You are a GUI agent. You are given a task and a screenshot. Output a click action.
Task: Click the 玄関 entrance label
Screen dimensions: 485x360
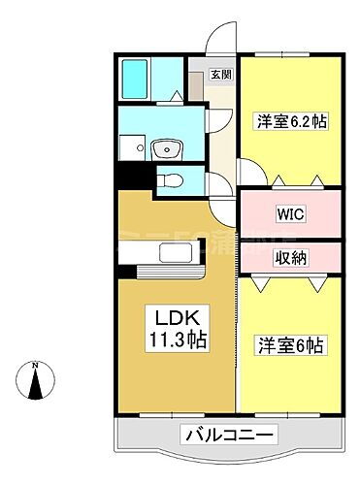pyautogui.click(x=222, y=74)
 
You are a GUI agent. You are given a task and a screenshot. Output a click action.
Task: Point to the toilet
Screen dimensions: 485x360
pyautogui.click(x=170, y=179)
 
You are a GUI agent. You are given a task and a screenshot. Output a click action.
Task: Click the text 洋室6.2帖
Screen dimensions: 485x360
pyautogui.click(x=289, y=121)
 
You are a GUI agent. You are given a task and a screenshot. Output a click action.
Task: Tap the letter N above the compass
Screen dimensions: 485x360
pyautogui.click(x=35, y=365)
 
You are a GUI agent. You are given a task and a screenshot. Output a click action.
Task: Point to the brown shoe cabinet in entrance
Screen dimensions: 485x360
pyautogui.click(x=196, y=82)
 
